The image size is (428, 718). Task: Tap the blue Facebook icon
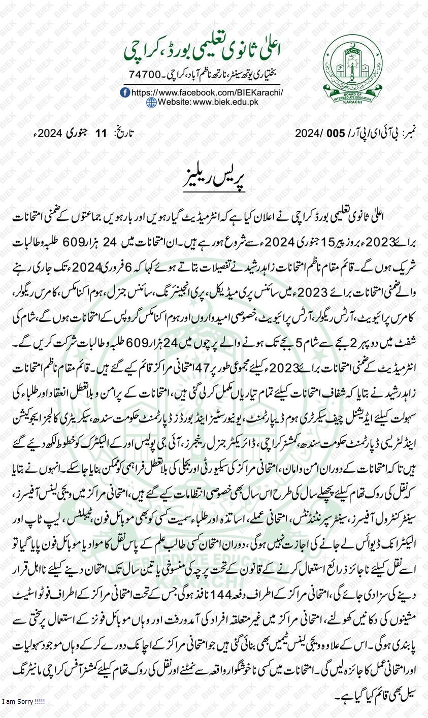(x=125, y=92)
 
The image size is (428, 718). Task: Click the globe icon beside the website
(x=151, y=102)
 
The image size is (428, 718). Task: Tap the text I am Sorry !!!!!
(x=23, y=701)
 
